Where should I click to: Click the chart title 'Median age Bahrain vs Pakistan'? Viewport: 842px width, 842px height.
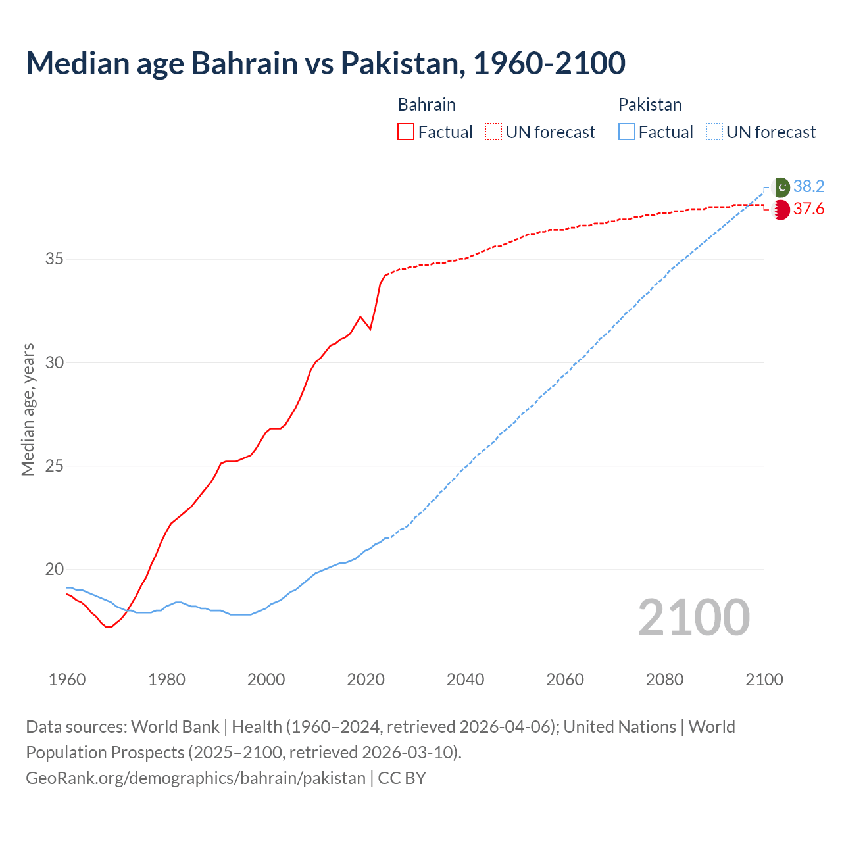(325, 63)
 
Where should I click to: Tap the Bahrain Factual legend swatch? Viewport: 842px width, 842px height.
(405, 132)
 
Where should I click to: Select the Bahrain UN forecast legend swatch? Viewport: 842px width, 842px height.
(493, 132)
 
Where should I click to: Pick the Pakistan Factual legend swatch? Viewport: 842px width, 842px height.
(626, 132)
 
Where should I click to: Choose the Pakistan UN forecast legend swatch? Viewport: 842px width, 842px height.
(714, 132)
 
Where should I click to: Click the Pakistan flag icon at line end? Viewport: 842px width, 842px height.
(781, 187)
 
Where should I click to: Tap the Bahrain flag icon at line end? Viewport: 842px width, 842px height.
(781, 210)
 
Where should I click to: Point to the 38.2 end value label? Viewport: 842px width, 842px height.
(808, 187)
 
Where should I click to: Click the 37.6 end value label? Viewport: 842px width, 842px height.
(808, 209)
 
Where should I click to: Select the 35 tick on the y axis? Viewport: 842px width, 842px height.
(54, 259)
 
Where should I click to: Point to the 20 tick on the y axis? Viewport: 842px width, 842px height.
(54, 570)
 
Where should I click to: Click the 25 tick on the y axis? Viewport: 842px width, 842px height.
(54, 466)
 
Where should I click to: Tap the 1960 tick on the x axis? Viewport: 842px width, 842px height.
(67, 680)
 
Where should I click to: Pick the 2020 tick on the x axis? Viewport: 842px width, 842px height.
(366, 680)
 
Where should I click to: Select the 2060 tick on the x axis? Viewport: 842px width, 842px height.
(565, 680)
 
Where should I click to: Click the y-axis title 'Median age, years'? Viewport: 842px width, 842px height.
(28, 409)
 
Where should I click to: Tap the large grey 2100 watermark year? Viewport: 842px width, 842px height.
(693, 618)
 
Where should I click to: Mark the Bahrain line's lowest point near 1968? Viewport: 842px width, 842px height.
(109, 627)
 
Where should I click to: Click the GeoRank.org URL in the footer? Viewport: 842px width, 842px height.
(195, 778)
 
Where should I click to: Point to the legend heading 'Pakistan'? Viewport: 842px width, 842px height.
(649, 105)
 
